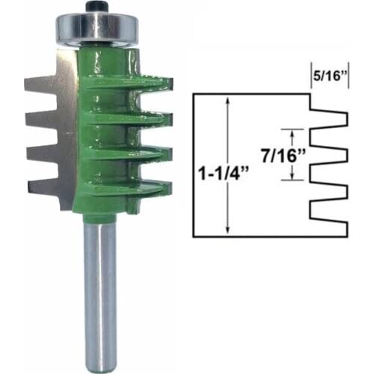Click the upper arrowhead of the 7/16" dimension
(x=293, y=132)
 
